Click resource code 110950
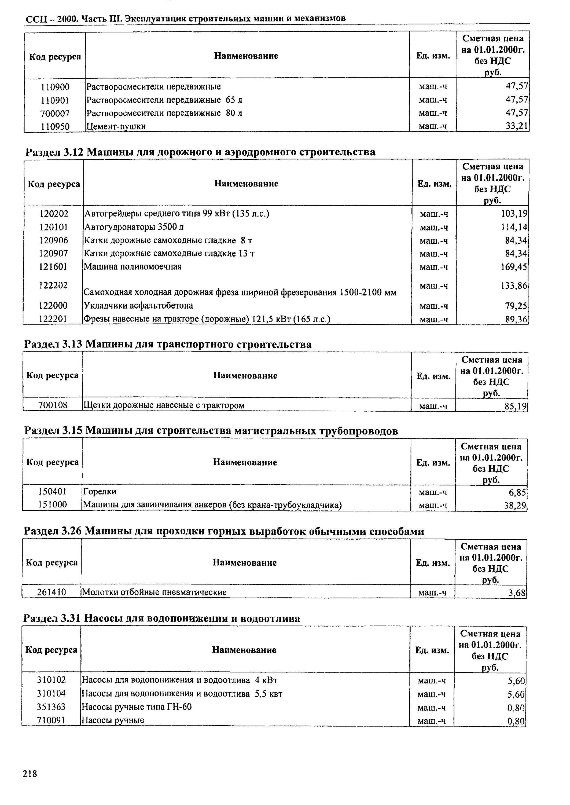[55, 126]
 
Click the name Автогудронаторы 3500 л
[134, 227]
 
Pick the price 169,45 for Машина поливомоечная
[514, 267]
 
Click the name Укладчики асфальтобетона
[138, 305]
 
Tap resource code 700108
[53, 405]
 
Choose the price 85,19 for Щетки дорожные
[516, 406]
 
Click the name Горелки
[99, 491]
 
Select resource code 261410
[52, 592]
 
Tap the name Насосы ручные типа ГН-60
[137, 707]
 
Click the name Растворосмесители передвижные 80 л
[164, 113]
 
